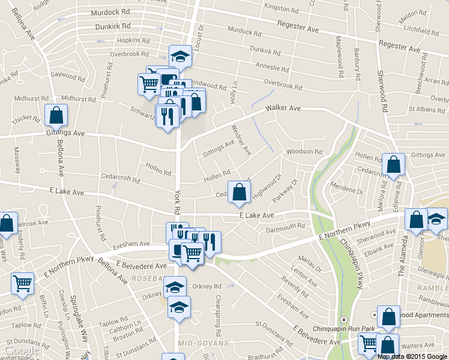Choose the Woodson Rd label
tap(304, 152)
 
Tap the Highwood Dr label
tap(267, 187)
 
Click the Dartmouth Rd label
tap(286, 227)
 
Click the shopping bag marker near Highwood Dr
tap(239, 193)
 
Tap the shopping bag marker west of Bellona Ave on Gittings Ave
tap(56, 114)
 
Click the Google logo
tap(22, 350)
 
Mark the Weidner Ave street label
tap(242, 140)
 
